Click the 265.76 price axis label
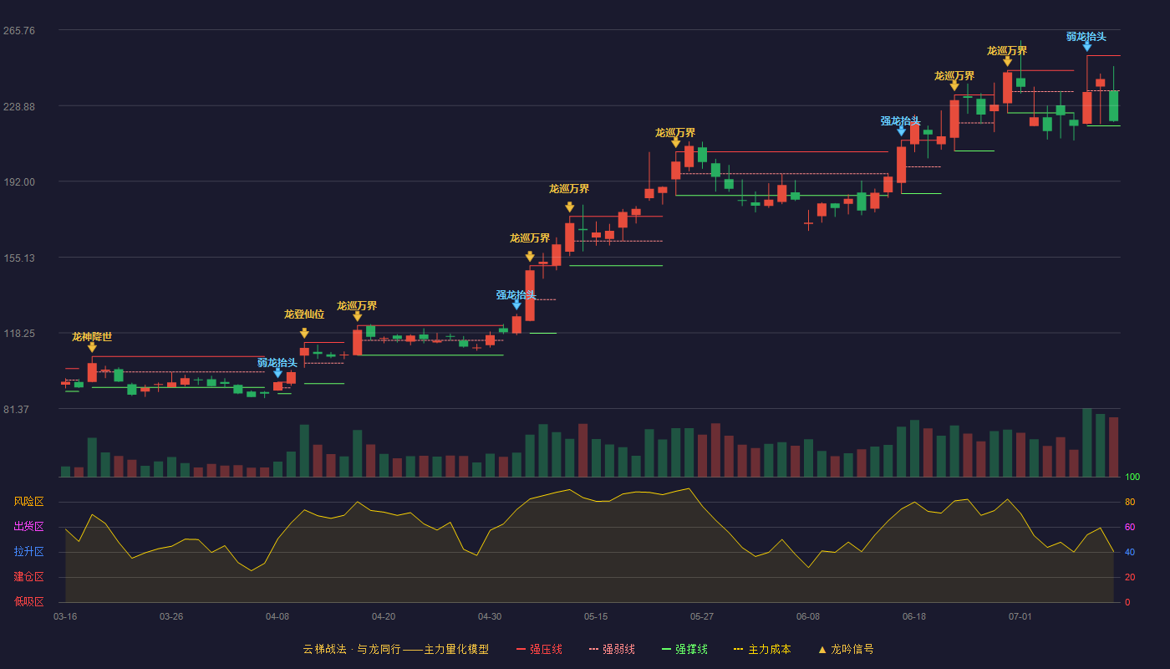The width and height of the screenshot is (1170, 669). (x=19, y=31)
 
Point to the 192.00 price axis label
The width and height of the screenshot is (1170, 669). (x=19, y=182)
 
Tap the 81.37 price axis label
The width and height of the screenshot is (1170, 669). (x=16, y=409)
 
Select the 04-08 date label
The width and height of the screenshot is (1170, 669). (x=277, y=617)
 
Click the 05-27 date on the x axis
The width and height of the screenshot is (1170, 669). (x=701, y=617)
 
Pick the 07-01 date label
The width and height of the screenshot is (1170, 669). (x=1020, y=617)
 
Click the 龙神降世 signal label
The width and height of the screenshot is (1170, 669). (x=92, y=336)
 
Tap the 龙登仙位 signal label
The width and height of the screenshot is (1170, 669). (x=304, y=314)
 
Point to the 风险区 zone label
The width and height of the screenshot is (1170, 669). (x=28, y=501)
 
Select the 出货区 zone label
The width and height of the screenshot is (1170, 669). (x=28, y=526)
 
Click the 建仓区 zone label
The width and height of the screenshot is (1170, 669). (x=28, y=576)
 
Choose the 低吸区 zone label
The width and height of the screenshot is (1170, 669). (x=28, y=601)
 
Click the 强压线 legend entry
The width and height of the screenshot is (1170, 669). (x=540, y=649)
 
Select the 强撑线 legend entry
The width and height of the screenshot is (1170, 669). (x=684, y=649)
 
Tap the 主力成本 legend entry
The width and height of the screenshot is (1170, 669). (x=762, y=649)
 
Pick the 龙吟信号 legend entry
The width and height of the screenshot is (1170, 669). (x=846, y=649)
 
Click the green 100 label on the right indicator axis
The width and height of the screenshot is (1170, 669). (x=1132, y=477)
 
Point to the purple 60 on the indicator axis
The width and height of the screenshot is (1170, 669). (x=1130, y=527)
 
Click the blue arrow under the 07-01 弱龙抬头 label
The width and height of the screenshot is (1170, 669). (x=1087, y=47)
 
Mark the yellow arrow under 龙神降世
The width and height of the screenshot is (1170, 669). (x=92, y=348)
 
